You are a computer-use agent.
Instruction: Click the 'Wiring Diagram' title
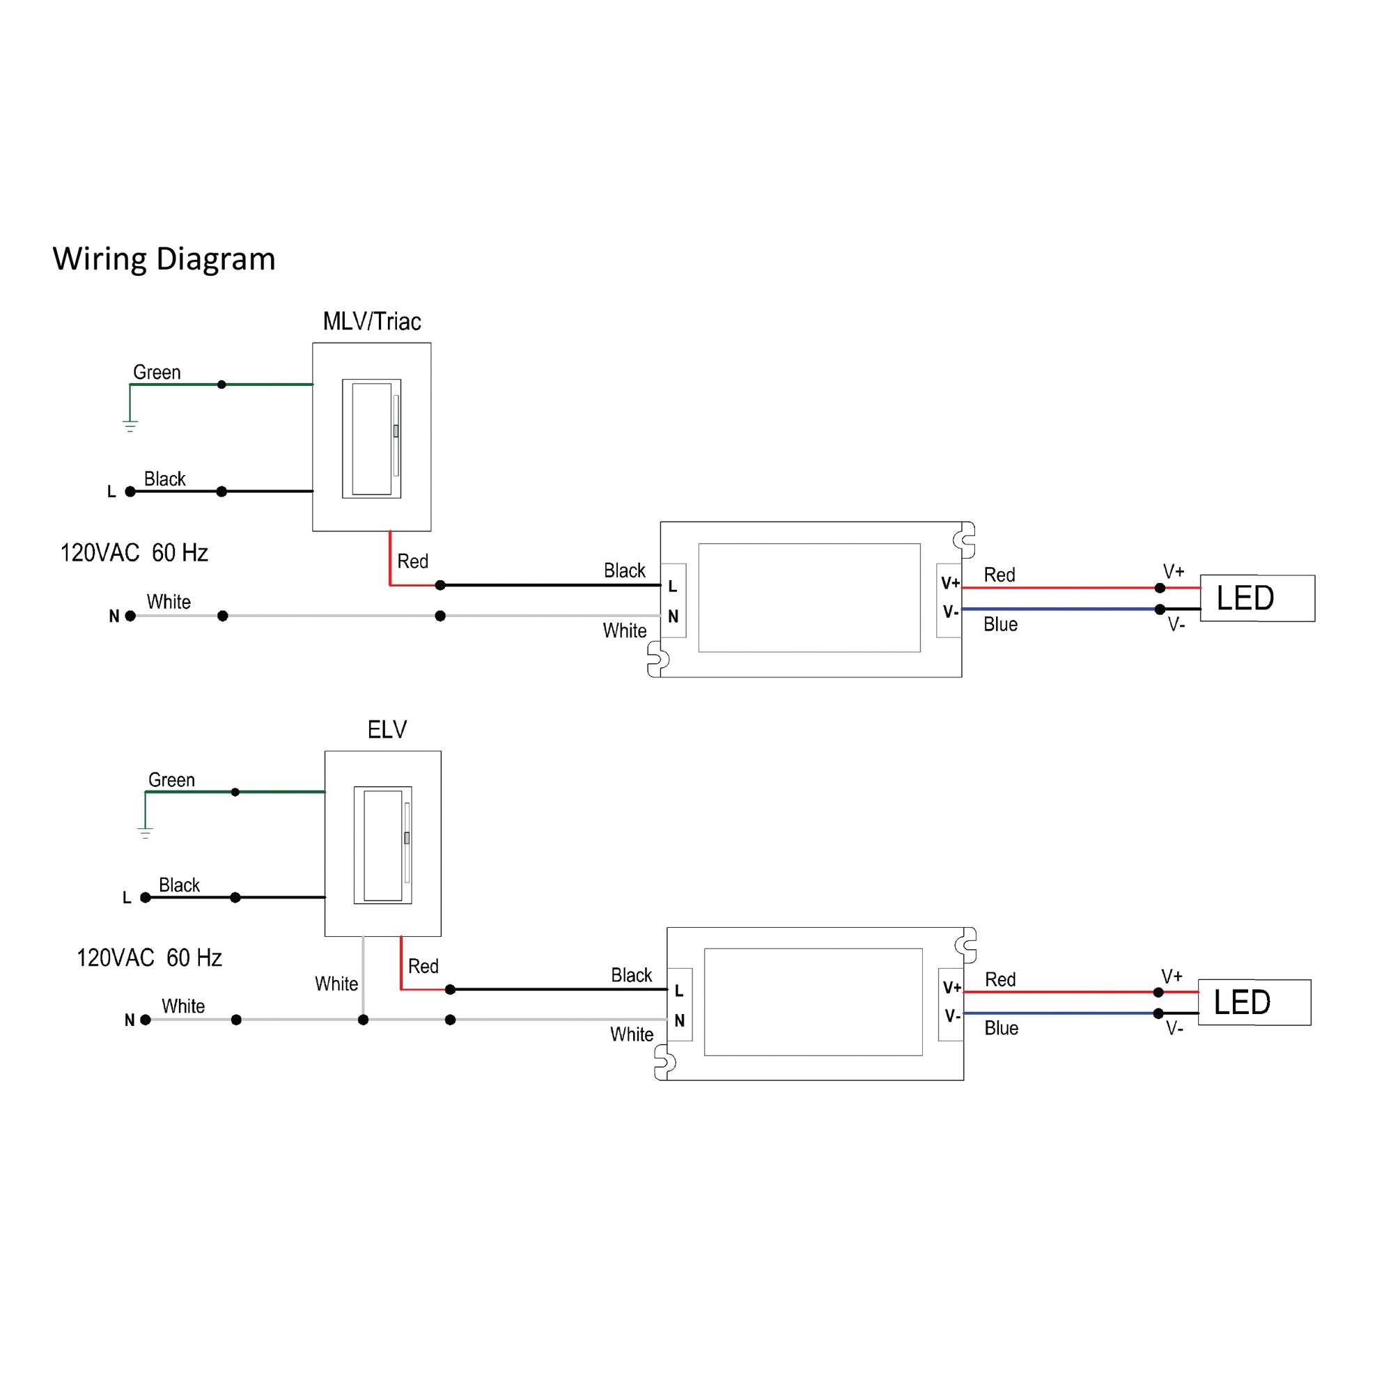coord(164,259)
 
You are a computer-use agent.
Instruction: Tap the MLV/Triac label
coord(371,322)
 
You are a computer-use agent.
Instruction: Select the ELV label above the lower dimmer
coord(387,730)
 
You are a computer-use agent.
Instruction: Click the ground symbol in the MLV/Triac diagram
coord(130,426)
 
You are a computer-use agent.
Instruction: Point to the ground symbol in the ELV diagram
coord(145,834)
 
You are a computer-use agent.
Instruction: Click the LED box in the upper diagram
coord(1256,598)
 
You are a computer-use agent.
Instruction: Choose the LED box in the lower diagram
coord(1254,1002)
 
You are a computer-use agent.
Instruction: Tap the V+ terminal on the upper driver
coord(949,582)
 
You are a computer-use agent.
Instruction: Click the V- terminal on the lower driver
coord(951,1016)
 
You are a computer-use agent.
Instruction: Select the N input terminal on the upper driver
coord(673,616)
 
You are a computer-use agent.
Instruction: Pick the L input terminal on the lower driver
coord(678,991)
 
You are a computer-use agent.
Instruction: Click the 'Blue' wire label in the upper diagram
coord(1000,624)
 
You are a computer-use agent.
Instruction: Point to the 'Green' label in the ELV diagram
coord(171,780)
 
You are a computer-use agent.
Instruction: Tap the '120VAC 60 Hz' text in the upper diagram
coord(134,553)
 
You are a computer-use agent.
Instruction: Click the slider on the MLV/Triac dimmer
coord(396,431)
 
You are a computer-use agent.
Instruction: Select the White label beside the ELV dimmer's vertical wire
coord(336,984)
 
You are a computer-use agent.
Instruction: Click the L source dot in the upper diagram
coord(130,492)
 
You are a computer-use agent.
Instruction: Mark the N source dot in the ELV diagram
coord(146,1020)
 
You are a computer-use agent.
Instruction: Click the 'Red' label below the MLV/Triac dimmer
coord(412,561)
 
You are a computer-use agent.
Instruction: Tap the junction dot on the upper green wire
coord(221,384)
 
